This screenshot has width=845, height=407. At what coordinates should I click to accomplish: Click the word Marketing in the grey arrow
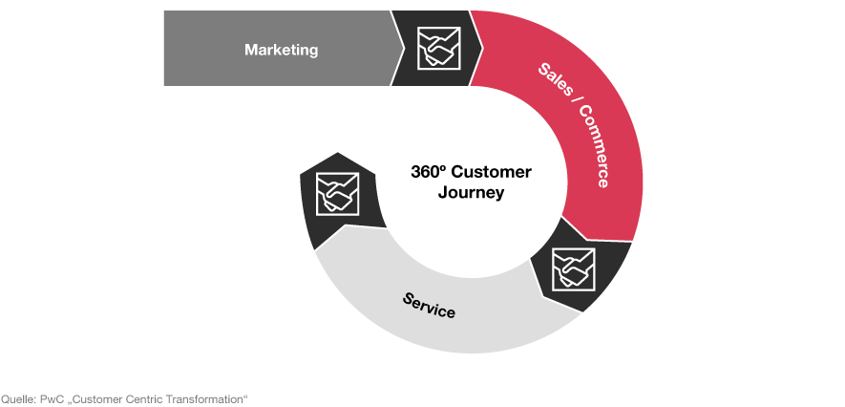pyautogui.click(x=282, y=50)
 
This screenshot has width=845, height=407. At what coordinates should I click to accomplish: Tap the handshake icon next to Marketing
pyautogui.click(x=439, y=48)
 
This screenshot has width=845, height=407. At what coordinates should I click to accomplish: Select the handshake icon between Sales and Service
pyautogui.click(x=574, y=268)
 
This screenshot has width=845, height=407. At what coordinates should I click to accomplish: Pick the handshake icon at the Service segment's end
pyautogui.click(x=337, y=194)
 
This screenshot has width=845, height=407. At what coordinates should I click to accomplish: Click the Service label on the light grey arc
pyautogui.click(x=429, y=305)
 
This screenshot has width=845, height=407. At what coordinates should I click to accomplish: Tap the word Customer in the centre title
pyautogui.click(x=491, y=173)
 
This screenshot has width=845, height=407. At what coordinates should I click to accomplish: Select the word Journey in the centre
pyautogui.click(x=471, y=192)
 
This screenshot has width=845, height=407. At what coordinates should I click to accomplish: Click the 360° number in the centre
pyautogui.click(x=429, y=173)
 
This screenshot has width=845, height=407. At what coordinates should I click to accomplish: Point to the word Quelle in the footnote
pyautogui.click(x=18, y=399)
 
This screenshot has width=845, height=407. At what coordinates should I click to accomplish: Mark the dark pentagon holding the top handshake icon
pyautogui.click(x=437, y=48)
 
